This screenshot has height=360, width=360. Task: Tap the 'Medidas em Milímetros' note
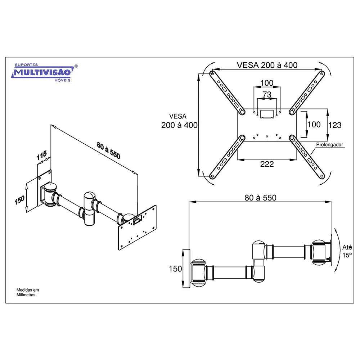pyautogui.click(x=28, y=292)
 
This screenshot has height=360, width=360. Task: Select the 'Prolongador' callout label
pyautogui.click(x=329, y=145)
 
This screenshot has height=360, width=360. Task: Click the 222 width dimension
pyautogui.click(x=267, y=164)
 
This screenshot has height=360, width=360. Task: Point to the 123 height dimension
pyautogui.click(x=335, y=125)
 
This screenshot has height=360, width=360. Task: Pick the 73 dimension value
pyautogui.click(x=267, y=94)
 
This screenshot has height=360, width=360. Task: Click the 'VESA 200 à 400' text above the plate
pyautogui.click(x=267, y=65)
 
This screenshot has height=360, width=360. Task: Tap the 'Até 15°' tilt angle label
pyautogui.click(x=347, y=251)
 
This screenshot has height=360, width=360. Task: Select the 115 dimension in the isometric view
pyautogui.click(x=42, y=155)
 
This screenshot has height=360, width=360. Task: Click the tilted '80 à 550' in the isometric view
pyautogui.click(x=108, y=150)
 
